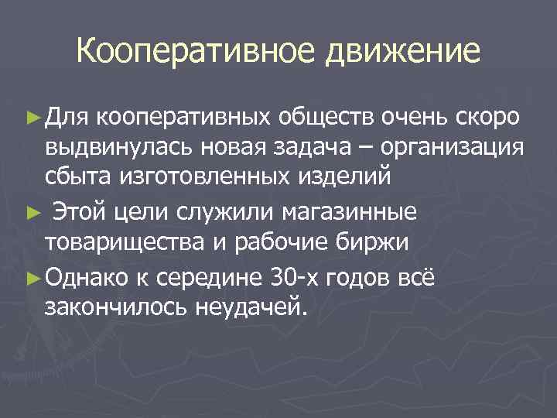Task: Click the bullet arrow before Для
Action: point(36,118)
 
